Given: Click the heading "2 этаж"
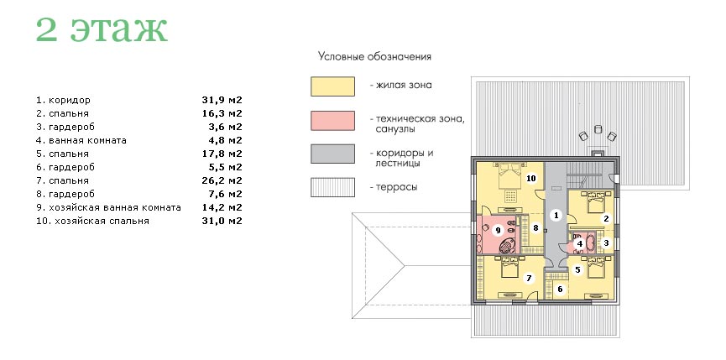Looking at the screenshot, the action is click(102, 30).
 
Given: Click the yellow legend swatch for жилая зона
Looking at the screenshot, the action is click(332, 86).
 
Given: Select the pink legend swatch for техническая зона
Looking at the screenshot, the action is click(332, 120).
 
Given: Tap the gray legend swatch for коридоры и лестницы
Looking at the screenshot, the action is click(332, 154).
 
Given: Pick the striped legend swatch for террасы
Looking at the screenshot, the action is click(332, 187).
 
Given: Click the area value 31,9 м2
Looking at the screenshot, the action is click(222, 100).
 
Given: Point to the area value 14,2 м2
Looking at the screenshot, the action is click(222, 207).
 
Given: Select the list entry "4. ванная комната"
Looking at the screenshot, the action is click(81, 140).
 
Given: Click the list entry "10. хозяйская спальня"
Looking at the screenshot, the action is click(92, 221).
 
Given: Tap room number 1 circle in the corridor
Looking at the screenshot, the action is click(556, 215).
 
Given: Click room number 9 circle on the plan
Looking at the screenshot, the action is click(498, 230).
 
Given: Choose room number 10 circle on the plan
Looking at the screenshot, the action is click(530, 178).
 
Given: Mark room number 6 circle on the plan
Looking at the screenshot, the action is click(560, 290).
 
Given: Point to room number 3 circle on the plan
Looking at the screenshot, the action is click(606, 242).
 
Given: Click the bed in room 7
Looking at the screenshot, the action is click(509, 266).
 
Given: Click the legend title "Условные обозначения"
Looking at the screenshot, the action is click(374, 57).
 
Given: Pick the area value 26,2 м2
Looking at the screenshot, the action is click(222, 180).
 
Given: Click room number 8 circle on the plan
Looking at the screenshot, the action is click(535, 227).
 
